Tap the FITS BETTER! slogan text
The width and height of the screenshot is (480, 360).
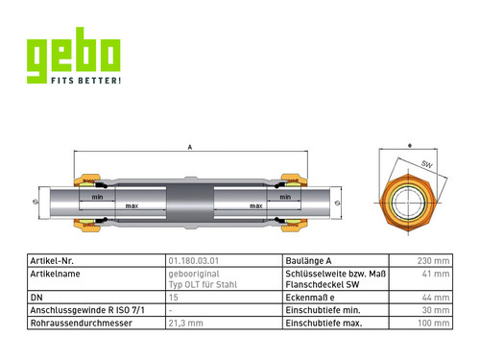click(86, 80)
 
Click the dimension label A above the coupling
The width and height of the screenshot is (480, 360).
click(190, 147)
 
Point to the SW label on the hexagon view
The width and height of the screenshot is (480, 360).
click(427, 164)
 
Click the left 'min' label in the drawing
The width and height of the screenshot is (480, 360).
click(97, 197)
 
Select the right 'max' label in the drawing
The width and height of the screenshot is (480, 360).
click(256, 206)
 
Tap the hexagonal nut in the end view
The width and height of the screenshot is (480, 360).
click(408, 203)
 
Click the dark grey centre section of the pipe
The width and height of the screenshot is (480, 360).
click(190, 203)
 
